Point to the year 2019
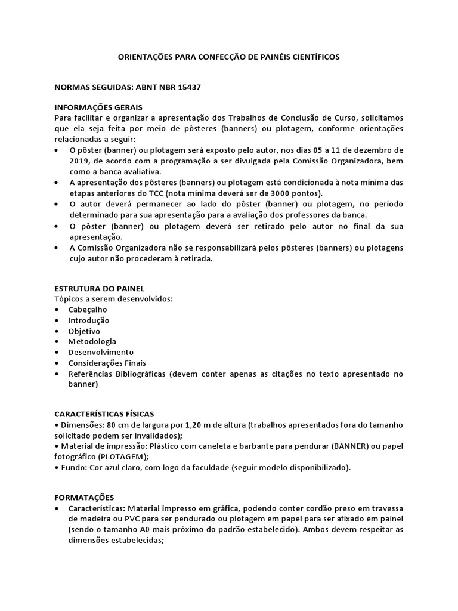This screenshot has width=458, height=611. (80, 161)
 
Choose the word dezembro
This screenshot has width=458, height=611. (373, 150)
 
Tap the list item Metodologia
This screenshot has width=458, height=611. (92, 342)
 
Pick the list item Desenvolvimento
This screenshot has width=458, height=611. (101, 353)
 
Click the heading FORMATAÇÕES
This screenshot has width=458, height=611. (83, 497)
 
